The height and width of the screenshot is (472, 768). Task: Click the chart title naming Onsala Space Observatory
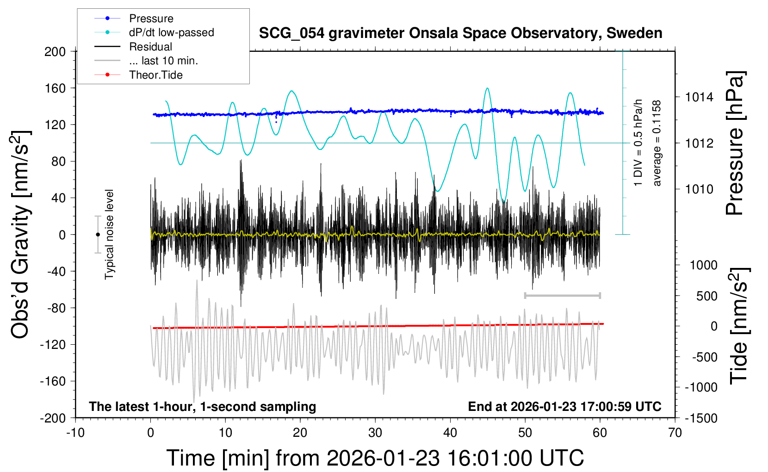(x=460, y=33)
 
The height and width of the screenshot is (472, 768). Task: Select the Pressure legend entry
(x=151, y=19)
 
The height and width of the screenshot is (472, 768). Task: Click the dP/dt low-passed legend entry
(x=171, y=32)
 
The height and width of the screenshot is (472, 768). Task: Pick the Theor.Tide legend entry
(x=155, y=75)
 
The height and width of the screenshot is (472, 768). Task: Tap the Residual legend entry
(x=150, y=47)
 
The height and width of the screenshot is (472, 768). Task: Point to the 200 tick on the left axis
(x=55, y=51)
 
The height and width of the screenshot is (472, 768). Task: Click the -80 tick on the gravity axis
(x=56, y=308)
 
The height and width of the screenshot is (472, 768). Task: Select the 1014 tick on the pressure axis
(x=699, y=97)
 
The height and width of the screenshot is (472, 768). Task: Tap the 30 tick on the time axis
(x=375, y=433)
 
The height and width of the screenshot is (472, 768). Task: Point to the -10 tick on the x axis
(x=75, y=433)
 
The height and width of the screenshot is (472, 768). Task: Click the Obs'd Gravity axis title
(x=21, y=235)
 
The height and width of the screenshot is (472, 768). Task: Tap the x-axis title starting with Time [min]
(x=375, y=458)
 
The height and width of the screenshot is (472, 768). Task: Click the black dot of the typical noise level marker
(x=98, y=235)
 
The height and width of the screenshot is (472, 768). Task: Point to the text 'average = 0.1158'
(x=657, y=143)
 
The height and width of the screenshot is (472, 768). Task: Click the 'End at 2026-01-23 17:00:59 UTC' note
(x=564, y=406)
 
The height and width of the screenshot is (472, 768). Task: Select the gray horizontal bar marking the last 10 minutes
(x=562, y=295)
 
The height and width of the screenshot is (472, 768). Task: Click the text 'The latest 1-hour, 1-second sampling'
(x=203, y=406)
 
